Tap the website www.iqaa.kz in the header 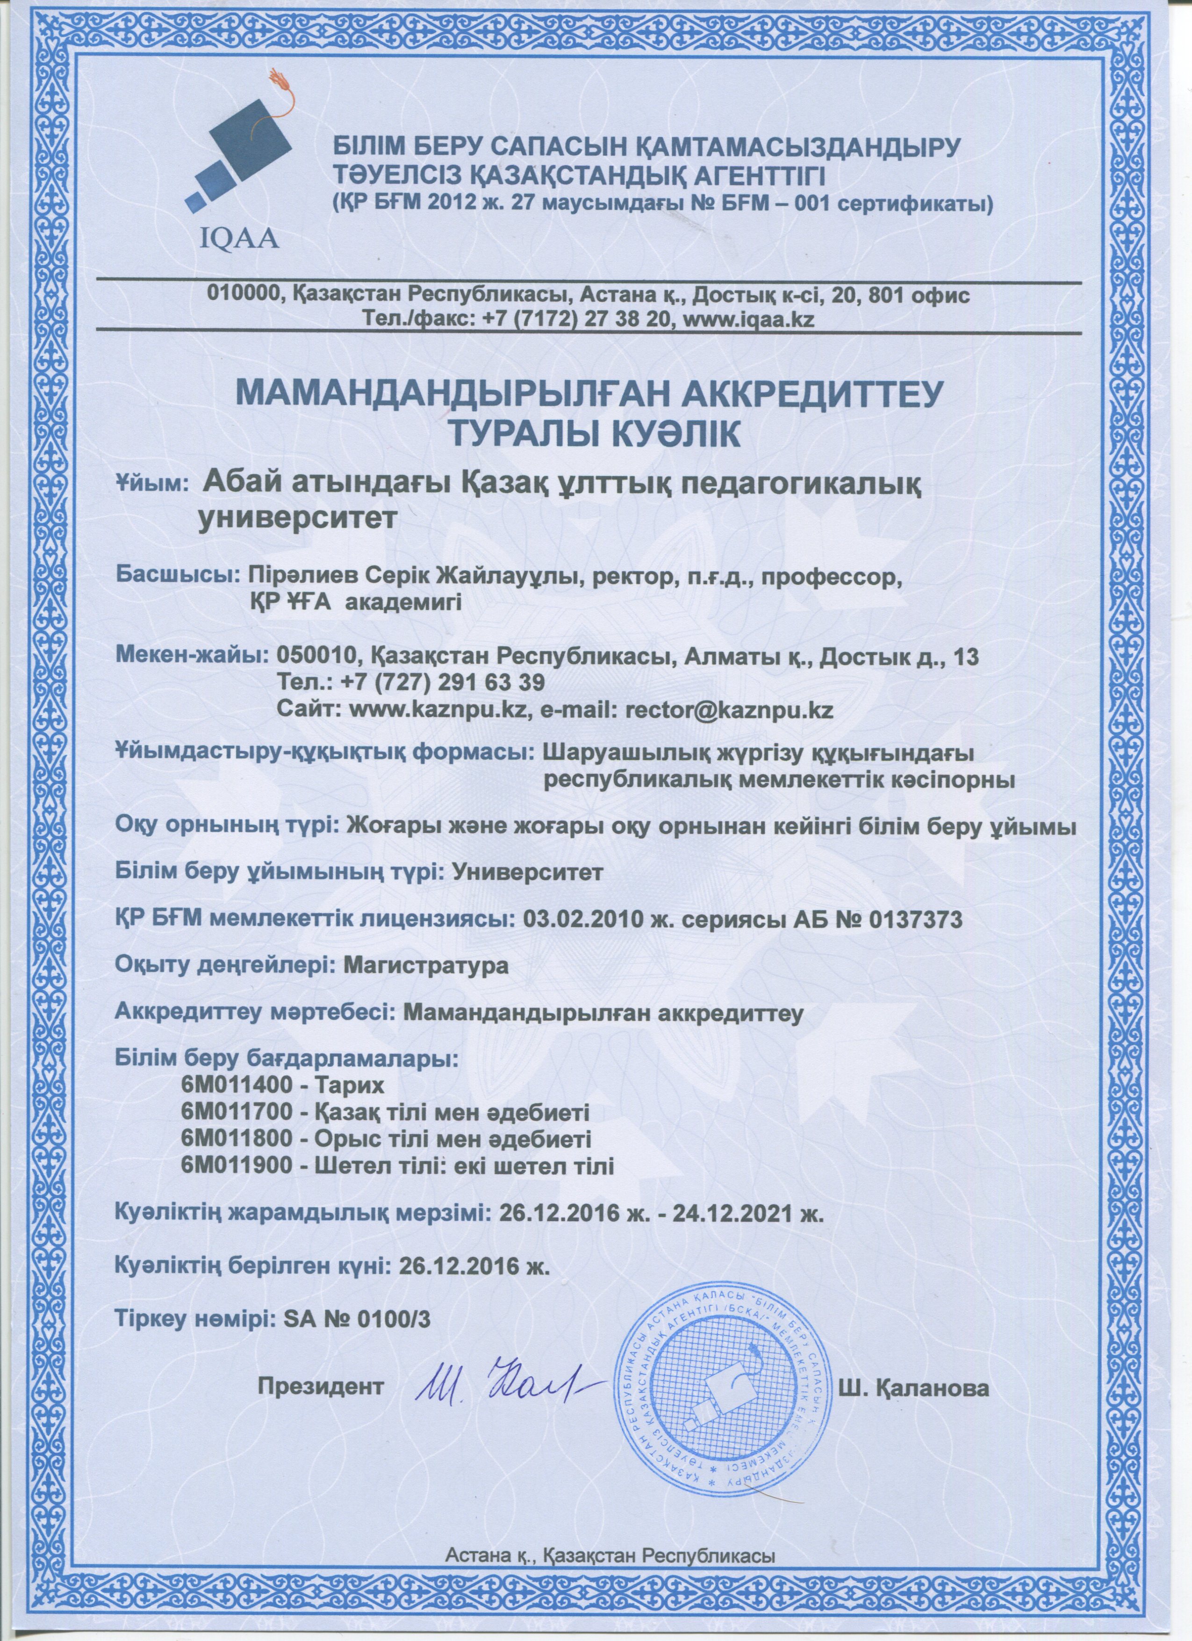748,319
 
